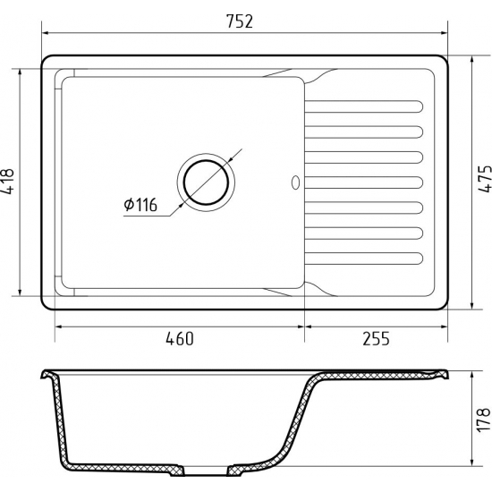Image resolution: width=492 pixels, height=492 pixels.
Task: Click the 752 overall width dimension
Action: [240, 21]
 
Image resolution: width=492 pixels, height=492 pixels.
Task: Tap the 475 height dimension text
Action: [485, 178]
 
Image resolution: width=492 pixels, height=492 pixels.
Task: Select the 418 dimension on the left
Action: [7, 182]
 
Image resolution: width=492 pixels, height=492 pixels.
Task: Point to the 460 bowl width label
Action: [180, 339]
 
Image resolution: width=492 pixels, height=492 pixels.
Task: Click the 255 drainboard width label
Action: [376, 338]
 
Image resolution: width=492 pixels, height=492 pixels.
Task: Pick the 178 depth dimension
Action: [485, 420]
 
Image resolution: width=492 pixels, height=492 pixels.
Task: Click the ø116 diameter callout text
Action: [140, 205]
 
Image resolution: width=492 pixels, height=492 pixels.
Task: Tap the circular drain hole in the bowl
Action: [206, 182]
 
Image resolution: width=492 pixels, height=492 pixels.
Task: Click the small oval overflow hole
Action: [295, 182]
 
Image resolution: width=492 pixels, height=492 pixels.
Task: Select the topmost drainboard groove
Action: [364, 106]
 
